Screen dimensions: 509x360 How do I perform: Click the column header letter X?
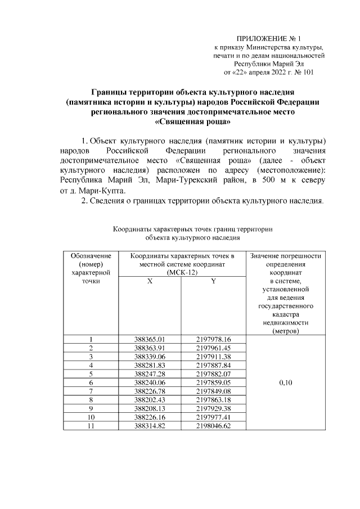[149, 281]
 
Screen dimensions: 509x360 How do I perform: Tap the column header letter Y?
[214, 281]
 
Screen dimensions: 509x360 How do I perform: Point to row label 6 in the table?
[91, 382]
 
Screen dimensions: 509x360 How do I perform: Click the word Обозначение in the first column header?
[91, 256]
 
